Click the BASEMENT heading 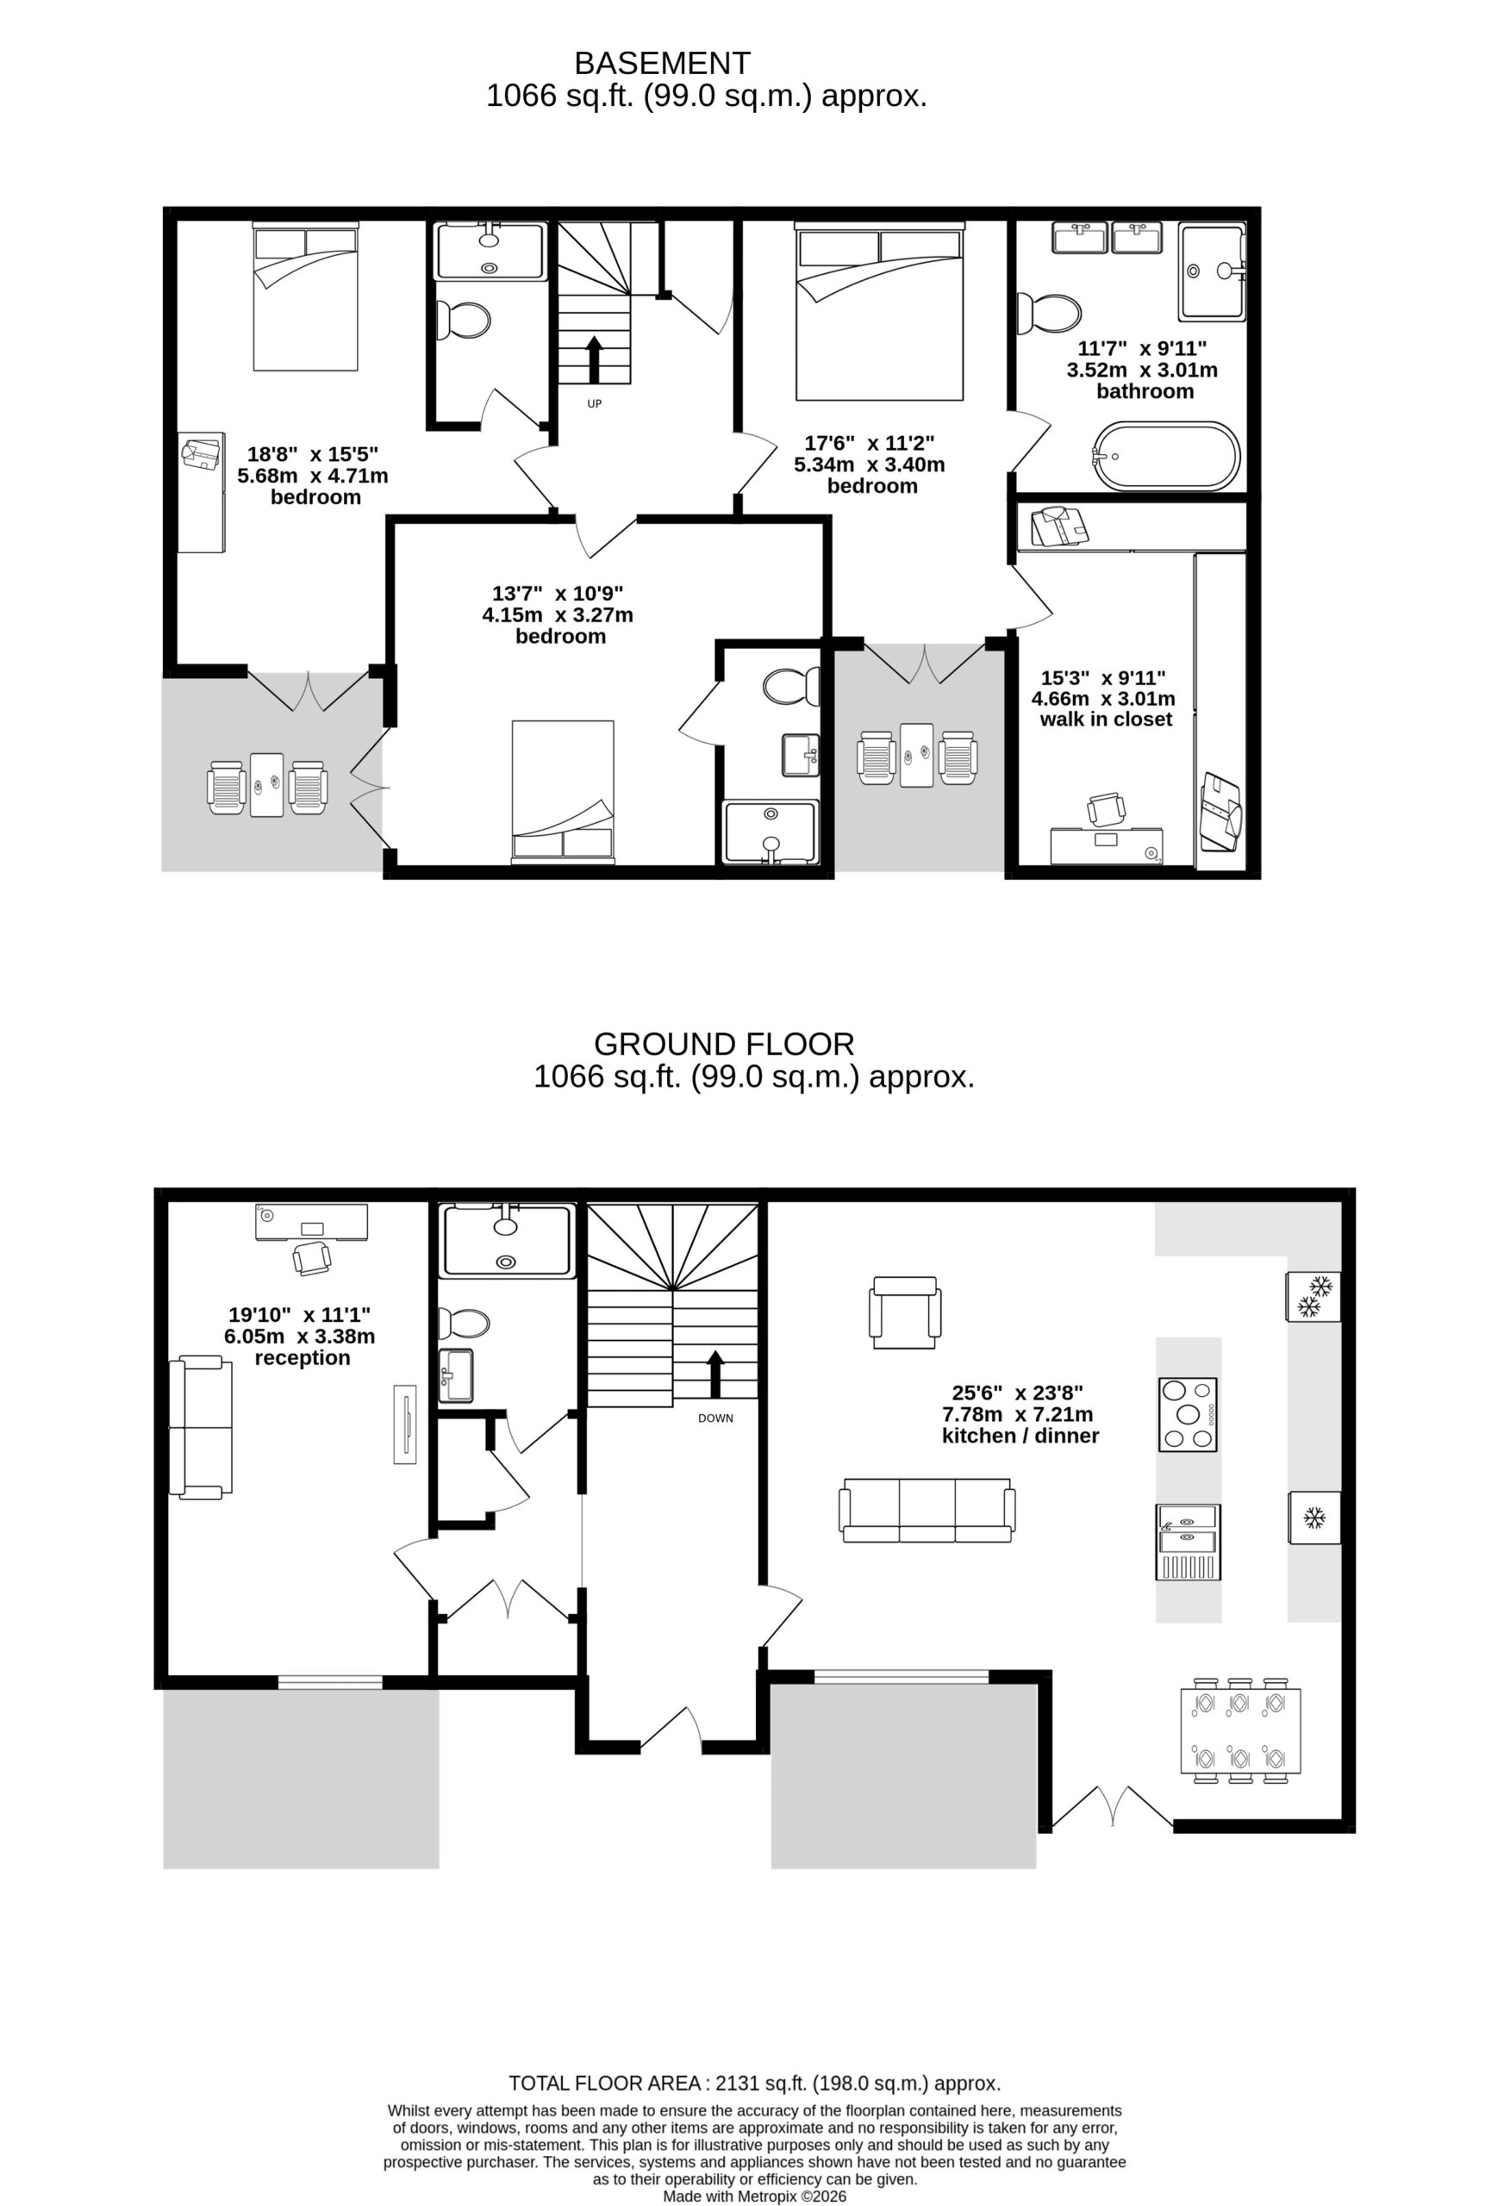coord(662,64)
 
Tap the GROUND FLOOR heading coord(724,1044)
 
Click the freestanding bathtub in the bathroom coord(1166,456)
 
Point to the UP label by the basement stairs coord(595,403)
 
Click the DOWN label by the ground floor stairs coord(715,1418)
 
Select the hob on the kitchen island coord(1188,1414)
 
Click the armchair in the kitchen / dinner coord(906,1312)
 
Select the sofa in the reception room coord(200,1428)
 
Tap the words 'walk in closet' coord(1106,720)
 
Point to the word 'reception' coord(302,1357)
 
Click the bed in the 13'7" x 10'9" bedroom coord(562,792)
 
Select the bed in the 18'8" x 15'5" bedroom coord(306,296)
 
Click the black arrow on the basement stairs coord(595,358)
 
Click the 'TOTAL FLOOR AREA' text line coord(754,2083)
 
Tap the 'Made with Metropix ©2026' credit coord(754,2196)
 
